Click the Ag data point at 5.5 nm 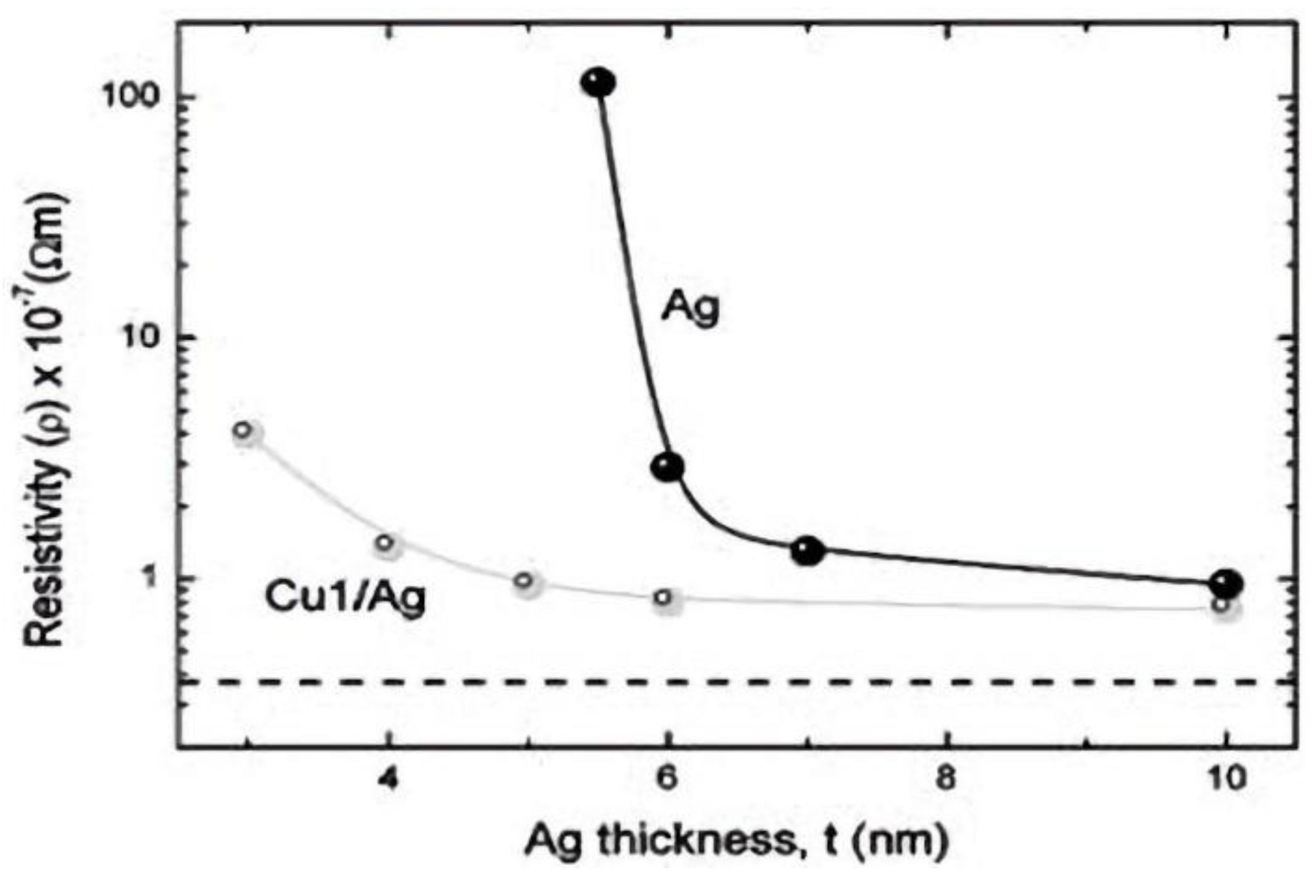coord(598,83)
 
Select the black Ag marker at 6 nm coord(668,468)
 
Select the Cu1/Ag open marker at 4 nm coord(385,543)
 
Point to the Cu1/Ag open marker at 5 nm coord(524,580)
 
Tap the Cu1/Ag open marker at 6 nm coord(664,597)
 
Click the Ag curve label coord(690,307)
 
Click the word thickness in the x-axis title coord(691,842)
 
